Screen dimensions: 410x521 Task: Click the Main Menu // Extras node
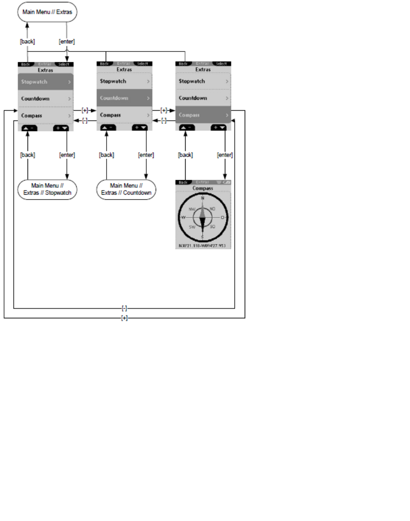(x=47, y=12)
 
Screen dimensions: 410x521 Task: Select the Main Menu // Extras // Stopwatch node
(x=47, y=189)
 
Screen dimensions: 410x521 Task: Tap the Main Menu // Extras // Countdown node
(x=126, y=189)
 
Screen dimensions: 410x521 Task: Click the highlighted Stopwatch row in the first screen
(x=46, y=82)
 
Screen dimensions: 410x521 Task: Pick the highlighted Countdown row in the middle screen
(x=125, y=98)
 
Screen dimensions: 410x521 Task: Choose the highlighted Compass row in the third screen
(x=203, y=115)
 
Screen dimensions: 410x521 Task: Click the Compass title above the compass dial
(x=203, y=188)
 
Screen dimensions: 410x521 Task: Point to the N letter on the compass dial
(x=203, y=198)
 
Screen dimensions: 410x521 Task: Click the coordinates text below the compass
(x=203, y=246)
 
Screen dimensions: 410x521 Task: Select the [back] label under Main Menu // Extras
(x=27, y=42)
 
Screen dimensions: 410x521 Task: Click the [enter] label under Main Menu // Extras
(x=67, y=42)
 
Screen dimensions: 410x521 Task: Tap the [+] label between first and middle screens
(x=85, y=110)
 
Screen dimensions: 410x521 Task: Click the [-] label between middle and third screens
(x=163, y=120)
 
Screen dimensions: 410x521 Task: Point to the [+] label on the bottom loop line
(x=125, y=318)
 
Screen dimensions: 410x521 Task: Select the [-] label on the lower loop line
(x=125, y=308)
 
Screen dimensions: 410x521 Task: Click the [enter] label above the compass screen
(x=224, y=155)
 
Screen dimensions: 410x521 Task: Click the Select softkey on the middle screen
(x=142, y=64)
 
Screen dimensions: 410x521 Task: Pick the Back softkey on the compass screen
(x=182, y=182)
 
